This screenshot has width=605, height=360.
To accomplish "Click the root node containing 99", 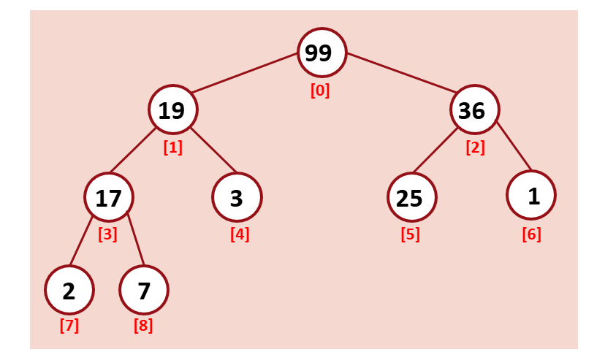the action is click(x=320, y=53).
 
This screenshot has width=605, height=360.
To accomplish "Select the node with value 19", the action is click(x=172, y=110).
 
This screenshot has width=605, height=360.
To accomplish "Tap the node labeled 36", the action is click(x=473, y=110).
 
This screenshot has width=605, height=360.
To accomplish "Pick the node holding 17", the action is click(x=109, y=197).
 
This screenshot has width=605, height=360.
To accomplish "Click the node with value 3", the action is click(x=236, y=197).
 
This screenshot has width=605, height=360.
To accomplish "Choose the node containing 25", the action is click(x=411, y=197).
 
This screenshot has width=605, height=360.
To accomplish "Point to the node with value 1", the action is click(x=531, y=196).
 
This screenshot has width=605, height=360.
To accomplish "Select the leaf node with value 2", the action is click(x=69, y=290).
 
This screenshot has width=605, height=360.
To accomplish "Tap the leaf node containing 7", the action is click(x=144, y=290).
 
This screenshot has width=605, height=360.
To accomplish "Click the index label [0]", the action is click(x=320, y=91).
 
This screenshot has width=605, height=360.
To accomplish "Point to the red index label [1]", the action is click(x=172, y=147).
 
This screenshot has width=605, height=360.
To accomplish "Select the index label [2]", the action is click(x=475, y=147).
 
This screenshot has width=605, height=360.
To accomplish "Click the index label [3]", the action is click(x=107, y=235).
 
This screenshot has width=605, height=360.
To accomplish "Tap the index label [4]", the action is click(x=240, y=235).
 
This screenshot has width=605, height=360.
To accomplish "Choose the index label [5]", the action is click(x=411, y=235).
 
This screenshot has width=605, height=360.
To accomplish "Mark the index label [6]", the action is click(x=531, y=235).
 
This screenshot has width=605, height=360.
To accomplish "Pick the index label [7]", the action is click(x=69, y=326).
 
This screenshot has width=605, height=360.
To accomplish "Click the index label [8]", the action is click(x=143, y=326).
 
